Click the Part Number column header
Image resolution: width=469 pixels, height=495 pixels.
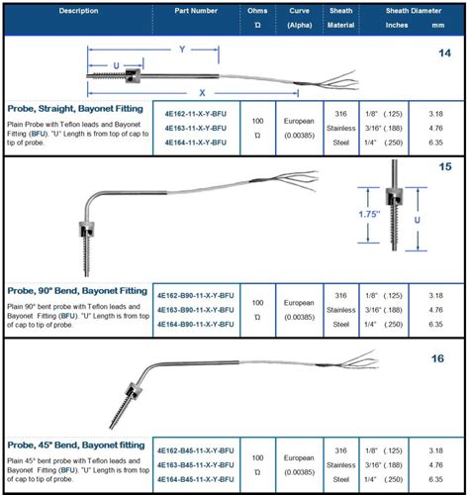[x=196, y=11]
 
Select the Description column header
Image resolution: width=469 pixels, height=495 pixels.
[x=78, y=11]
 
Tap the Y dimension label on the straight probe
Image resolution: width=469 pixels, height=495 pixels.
[x=182, y=49]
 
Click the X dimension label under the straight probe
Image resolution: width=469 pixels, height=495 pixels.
[x=202, y=93]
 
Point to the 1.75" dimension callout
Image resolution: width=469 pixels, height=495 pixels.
[x=369, y=214]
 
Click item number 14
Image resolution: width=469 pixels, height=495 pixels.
[x=444, y=53]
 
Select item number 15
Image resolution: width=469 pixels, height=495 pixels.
[x=444, y=166]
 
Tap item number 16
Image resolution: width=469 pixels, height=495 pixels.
[x=437, y=358]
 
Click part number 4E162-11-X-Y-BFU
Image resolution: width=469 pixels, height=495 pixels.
[x=196, y=114]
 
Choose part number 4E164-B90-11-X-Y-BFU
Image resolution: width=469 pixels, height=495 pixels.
[x=196, y=325]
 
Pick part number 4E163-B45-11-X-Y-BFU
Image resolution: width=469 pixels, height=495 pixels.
[x=196, y=465]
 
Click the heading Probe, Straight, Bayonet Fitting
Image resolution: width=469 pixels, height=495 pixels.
[x=75, y=109]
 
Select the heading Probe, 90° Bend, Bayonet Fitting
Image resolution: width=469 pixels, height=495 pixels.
[x=77, y=291]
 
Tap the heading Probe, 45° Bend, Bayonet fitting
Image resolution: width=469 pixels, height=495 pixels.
[x=76, y=445]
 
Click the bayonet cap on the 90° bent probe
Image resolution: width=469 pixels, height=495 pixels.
[x=86, y=229]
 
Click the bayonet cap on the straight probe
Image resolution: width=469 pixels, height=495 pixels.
[x=133, y=76]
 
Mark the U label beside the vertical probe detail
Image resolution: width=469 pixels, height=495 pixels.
[x=418, y=220]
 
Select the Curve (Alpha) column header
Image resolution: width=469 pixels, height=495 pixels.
[x=300, y=18]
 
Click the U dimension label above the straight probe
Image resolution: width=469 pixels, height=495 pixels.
[x=116, y=65]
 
